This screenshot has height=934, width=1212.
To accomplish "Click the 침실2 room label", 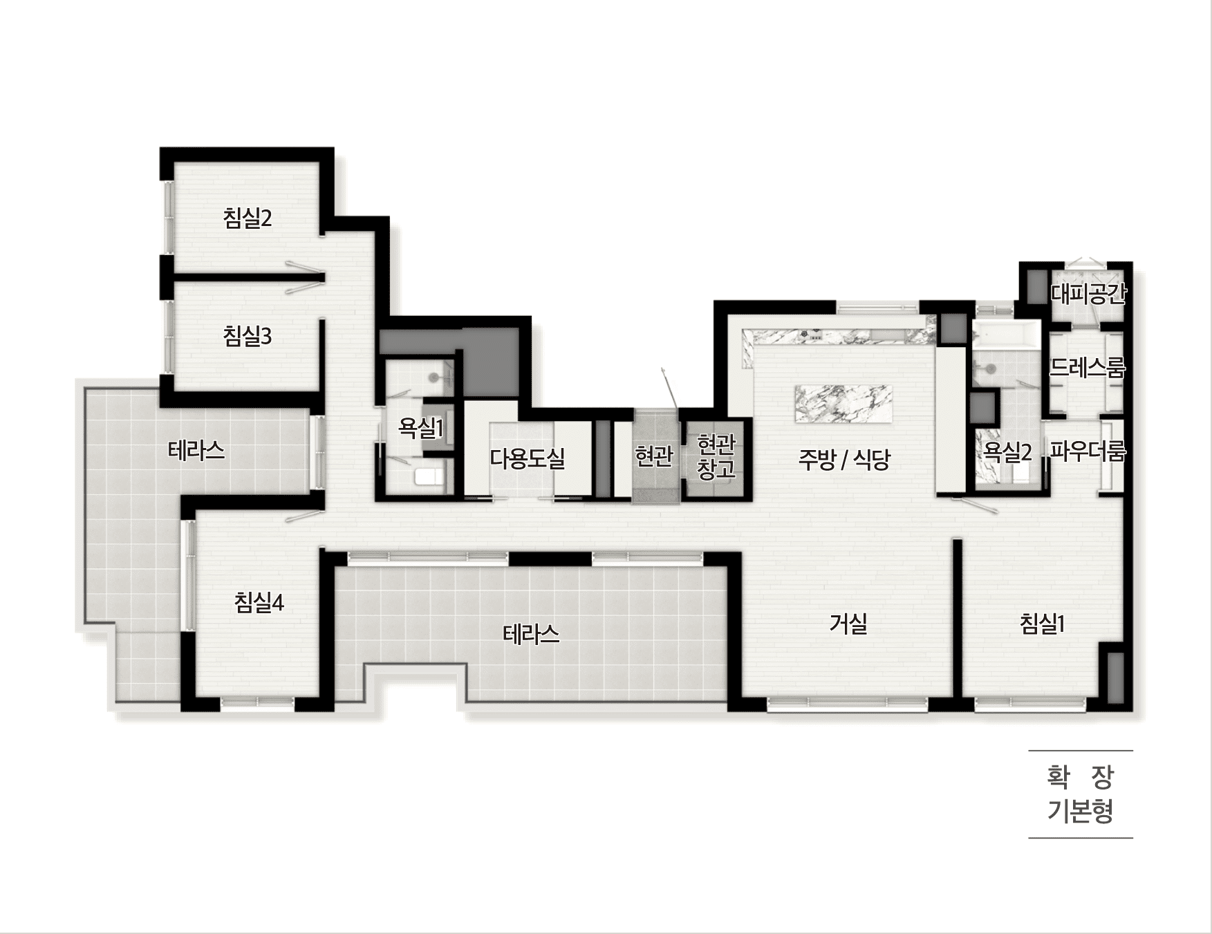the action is point(248,218).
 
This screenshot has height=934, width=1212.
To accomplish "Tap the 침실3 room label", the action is point(248,337).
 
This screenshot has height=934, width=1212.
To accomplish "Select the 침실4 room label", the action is point(259,603).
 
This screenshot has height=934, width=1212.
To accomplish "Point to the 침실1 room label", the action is point(1042,624).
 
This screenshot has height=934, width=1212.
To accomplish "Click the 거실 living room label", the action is point(848,624).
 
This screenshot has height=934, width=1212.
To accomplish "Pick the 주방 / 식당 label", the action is point(844,459).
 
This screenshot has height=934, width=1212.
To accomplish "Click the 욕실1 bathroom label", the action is point(420,428).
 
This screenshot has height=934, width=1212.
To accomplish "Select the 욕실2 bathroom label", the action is point(1008,452).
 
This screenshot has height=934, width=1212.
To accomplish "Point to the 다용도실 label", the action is point(528,458).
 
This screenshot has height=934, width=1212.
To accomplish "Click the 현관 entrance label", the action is point(653,456).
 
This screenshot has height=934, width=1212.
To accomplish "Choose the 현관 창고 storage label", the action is point(716,456).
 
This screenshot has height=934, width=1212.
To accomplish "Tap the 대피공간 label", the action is point(1088,294).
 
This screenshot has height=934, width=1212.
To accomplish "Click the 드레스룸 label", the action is point(1088,367).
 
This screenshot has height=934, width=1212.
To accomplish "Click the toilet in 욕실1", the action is point(429,476).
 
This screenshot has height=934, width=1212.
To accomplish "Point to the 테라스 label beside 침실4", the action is point(196,451).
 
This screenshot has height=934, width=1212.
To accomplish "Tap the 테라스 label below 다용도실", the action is point(531,634).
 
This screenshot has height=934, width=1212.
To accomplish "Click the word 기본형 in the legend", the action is point(1080,810).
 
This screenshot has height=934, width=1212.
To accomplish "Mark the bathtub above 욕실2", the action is point(1006,336).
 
